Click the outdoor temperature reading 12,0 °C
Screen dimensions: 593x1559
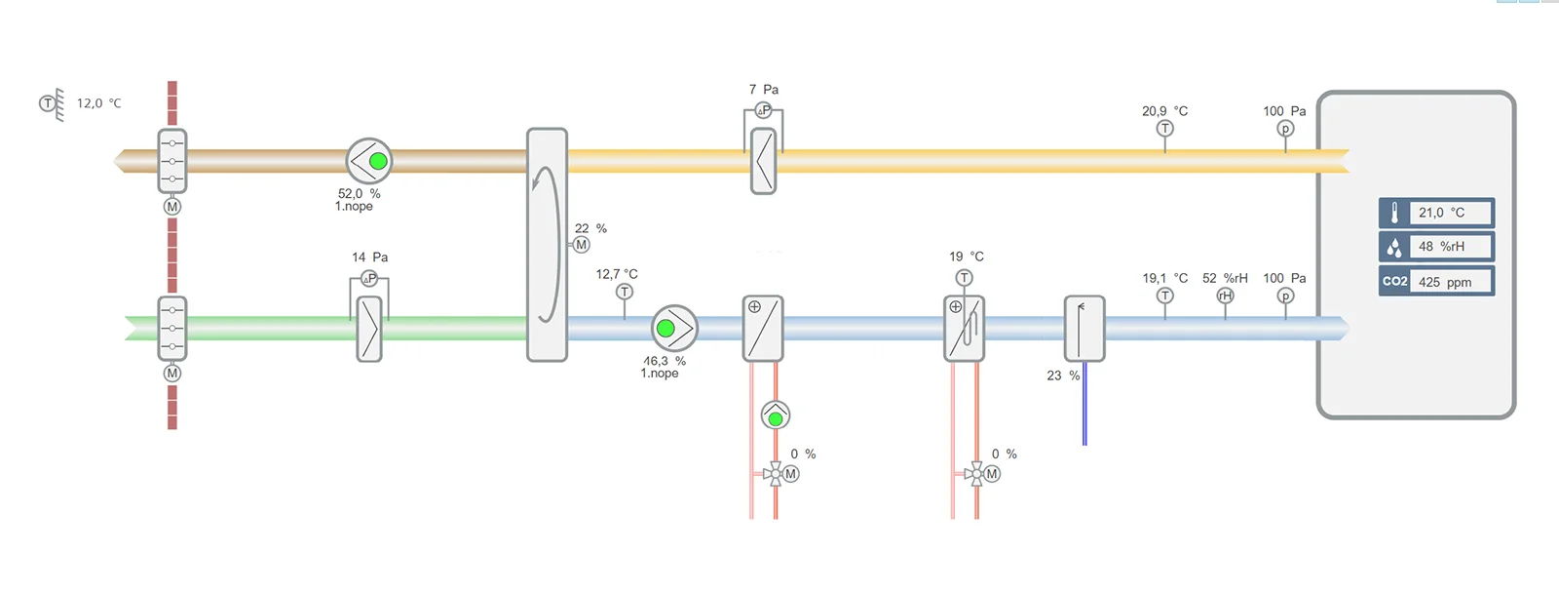tap(98, 103)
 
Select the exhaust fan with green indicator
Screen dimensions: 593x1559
tap(369, 161)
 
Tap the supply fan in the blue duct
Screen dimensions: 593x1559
tap(674, 329)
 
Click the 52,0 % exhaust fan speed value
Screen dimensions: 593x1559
tap(359, 194)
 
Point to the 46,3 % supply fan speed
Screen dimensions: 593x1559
tap(664, 361)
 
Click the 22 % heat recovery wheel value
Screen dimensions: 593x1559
tap(590, 228)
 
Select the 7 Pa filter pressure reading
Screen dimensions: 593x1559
tap(763, 90)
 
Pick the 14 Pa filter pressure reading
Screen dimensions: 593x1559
tap(369, 257)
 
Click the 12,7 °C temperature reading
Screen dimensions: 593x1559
tap(617, 274)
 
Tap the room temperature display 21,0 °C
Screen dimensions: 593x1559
tap(1441, 213)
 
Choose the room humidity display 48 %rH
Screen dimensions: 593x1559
tap(1441, 247)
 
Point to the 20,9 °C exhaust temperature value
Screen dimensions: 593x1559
tap(1164, 111)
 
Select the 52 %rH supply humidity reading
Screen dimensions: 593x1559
tap(1225, 278)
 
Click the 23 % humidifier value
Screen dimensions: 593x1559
tap(1063, 376)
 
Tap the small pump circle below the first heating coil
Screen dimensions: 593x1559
tap(776, 416)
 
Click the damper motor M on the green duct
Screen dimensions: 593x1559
tap(172, 374)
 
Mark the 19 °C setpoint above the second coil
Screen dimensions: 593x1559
tap(967, 257)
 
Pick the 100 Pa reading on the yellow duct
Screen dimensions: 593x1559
tap(1284, 111)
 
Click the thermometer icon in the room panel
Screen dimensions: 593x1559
tap(1394, 213)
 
